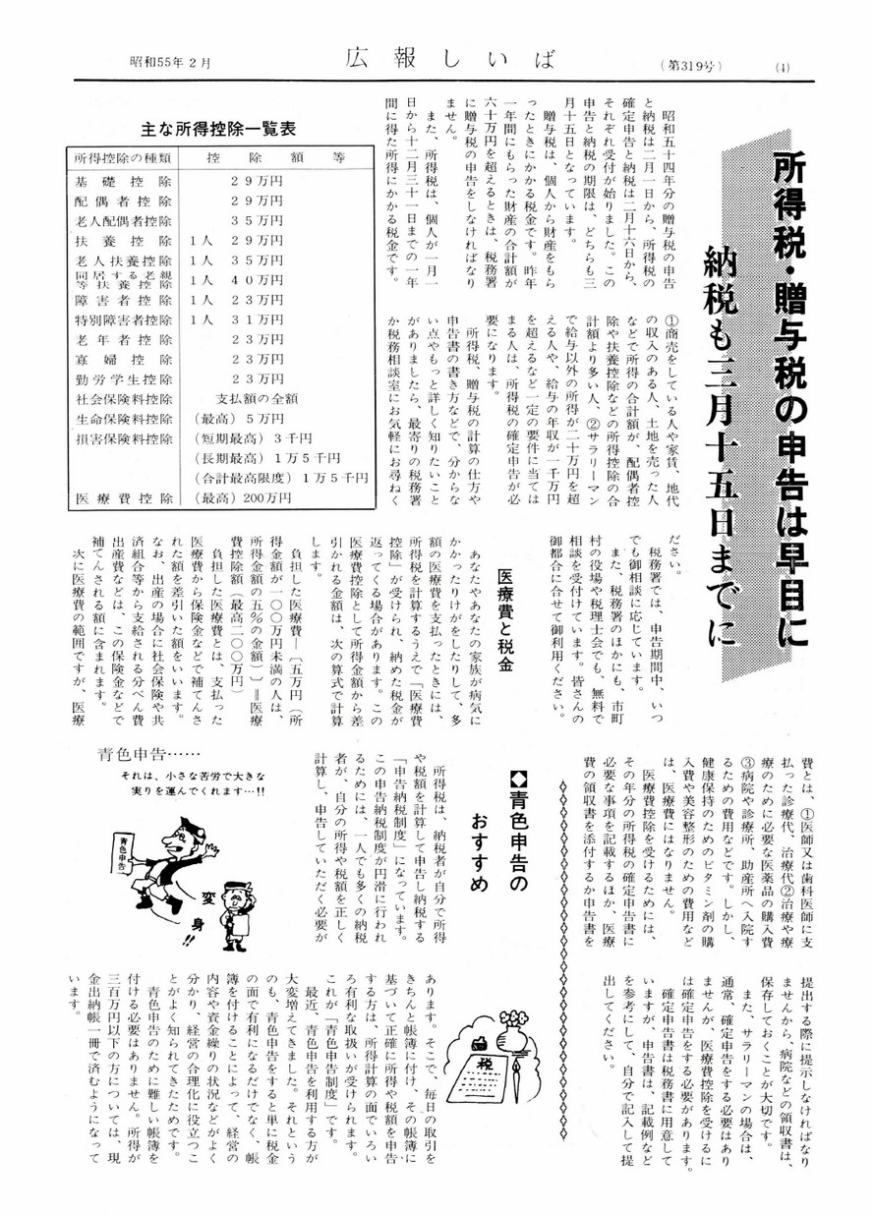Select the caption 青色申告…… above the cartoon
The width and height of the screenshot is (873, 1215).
pos(139,755)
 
